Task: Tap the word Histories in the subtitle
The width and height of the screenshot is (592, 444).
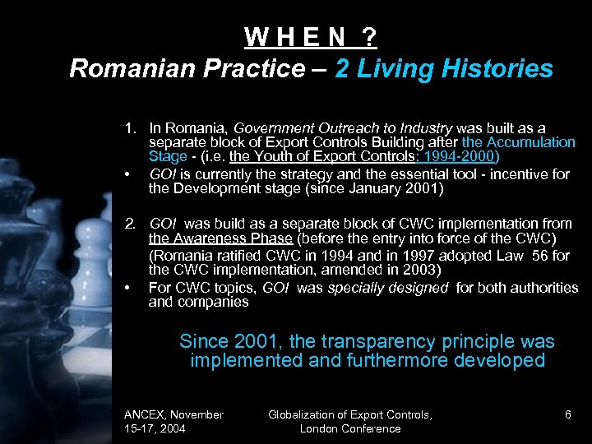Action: click(x=502, y=68)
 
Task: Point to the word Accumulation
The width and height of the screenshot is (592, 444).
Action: click(x=531, y=142)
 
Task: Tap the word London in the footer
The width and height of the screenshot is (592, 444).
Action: click(x=318, y=428)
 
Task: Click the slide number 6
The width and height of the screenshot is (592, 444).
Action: click(x=567, y=414)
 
